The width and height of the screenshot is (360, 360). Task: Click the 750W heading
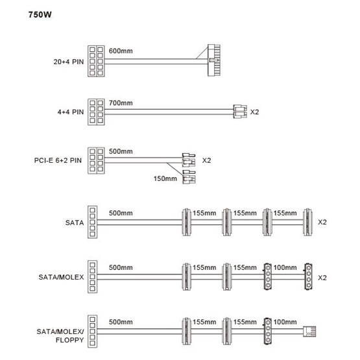pos(40,15)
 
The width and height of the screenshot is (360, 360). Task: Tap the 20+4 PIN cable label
pos(68,62)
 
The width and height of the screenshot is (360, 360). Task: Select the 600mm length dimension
pos(121,51)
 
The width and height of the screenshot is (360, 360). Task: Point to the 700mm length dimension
pos(121,103)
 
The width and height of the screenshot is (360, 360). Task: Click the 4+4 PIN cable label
pos(71,112)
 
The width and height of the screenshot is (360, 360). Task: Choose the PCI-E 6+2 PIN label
pos(58,160)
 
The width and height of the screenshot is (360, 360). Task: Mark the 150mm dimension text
pos(165,178)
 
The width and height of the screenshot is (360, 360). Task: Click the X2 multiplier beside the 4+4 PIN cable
pos(254,112)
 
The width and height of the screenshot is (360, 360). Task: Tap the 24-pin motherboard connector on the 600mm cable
pos(214,60)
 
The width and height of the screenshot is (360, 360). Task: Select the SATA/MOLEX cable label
pos(61,277)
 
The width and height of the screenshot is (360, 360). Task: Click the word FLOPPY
pos(70,340)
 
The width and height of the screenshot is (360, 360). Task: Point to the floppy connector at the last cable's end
pos(309,331)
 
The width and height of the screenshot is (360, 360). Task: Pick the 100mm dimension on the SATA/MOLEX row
pos(285,267)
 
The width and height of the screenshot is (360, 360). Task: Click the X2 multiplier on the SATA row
pos(322,222)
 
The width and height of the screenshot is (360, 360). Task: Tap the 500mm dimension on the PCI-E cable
pos(121,151)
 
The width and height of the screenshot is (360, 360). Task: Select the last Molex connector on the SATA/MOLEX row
pos(308,277)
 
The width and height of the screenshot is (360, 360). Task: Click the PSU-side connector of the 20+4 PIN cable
pos(96,61)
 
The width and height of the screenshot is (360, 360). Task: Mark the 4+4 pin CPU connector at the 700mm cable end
pos(240,112)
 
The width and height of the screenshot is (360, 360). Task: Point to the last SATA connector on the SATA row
pos(307,222)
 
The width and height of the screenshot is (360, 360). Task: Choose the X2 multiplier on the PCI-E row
pos(206,160)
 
